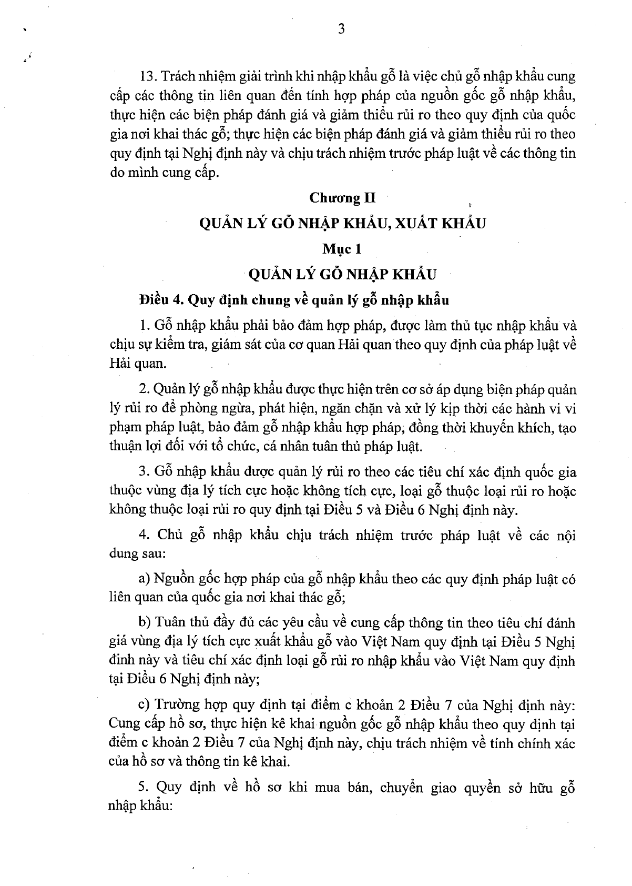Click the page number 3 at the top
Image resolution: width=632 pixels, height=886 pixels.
click(341, 30)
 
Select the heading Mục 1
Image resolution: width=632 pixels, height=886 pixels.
click(342, 248)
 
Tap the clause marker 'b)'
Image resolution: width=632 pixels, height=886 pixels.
click(144, 623)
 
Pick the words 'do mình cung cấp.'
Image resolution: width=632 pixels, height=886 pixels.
click(163, 172)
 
